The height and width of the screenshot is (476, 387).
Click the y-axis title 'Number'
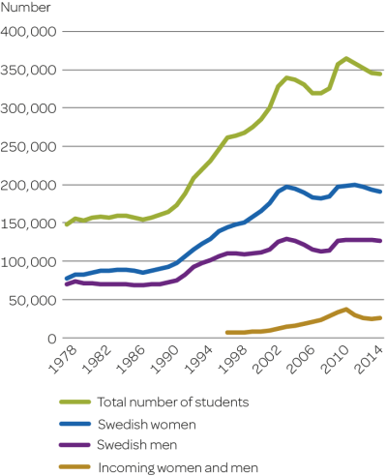click(26, 8)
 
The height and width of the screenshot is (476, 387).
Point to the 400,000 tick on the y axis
click(32, 32)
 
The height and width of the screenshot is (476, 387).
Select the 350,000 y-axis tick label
click(32, 71)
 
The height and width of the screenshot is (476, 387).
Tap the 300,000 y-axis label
click(32, 108)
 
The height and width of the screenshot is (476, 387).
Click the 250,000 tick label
click(32, 147)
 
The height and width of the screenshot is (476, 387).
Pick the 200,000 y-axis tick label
click(32, 185)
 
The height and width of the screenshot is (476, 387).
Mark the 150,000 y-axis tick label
click(32, 223)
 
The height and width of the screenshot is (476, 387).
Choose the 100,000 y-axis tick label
click(32, 261)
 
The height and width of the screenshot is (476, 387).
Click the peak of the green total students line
click(346, 58)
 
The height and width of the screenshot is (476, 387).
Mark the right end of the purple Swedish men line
click(380, 240)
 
